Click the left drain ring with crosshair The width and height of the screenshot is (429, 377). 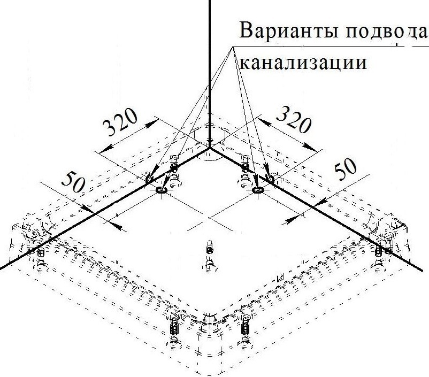pyautogui.click(x=162, y=190)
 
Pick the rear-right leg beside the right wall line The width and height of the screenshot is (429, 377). pyautogui.click(x=246, y=165)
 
